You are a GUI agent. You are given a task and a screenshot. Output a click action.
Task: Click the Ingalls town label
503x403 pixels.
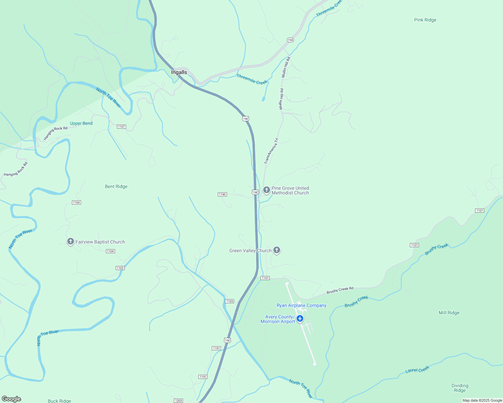(179, 72)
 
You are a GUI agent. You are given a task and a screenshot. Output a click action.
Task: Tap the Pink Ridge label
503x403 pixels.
(425, 20)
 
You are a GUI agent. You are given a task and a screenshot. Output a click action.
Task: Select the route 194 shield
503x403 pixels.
(290, 40)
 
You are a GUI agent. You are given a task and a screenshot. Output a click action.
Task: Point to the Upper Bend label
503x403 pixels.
(81, 123)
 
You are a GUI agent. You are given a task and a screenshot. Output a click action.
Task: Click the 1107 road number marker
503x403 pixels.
(121, 127)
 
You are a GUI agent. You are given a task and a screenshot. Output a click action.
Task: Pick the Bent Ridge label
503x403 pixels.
(116, 186)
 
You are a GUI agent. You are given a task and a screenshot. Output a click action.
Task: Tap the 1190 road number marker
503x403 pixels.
(222, 194)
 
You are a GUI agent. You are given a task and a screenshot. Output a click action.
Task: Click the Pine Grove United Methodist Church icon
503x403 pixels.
(267, 190)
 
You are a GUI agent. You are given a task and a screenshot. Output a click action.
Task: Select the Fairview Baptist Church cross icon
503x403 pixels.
(70, 241)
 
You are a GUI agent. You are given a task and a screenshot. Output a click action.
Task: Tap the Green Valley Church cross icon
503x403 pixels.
(277, 250)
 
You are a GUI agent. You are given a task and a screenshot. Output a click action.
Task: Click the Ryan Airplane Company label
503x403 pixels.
(301, 305)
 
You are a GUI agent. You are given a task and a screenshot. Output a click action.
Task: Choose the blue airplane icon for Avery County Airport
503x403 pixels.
(300, 318)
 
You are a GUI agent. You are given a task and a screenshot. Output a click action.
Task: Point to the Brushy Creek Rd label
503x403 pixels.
(340, 290)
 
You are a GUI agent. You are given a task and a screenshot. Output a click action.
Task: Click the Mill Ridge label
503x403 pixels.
(449, 313)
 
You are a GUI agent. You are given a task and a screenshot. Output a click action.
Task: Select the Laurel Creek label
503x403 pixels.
(417, 369)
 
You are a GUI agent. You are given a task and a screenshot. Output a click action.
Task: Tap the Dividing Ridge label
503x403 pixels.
(460, 388)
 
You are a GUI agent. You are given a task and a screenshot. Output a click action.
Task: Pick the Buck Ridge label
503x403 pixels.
(60, 401)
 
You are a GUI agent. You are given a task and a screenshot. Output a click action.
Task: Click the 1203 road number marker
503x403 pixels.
(178, 401)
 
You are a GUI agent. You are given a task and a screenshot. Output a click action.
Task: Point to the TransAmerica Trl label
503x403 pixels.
(271, 151)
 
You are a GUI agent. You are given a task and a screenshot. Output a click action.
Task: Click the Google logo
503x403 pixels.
(11, 399)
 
